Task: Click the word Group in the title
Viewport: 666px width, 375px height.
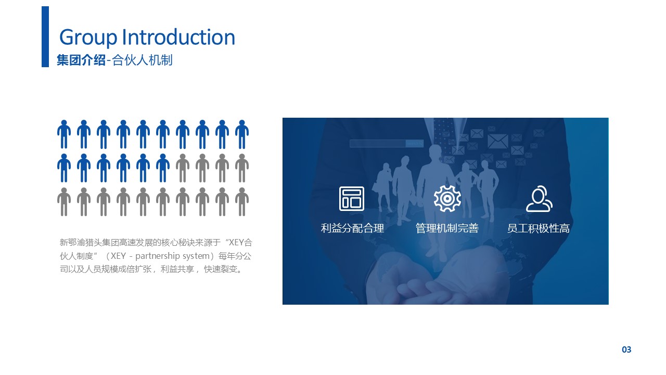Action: tap(88, 37)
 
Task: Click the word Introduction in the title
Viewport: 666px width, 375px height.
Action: tap(178, 37)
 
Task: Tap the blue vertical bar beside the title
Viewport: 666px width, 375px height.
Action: tap(45, 36)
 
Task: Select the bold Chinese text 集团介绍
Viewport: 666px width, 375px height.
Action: tap(81, 60)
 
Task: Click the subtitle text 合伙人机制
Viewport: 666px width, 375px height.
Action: tap(142, 60)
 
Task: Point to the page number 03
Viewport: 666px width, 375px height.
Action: tap(626, 349)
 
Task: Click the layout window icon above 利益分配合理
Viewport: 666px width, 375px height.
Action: tap(352, 198)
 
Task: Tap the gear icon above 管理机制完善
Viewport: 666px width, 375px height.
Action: tap(447, 198)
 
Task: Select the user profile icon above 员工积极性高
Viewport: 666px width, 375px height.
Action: tap(539, 199)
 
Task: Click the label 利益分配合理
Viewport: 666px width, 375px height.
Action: tap(352, 228)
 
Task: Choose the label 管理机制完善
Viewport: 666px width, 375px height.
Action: tap(447, 228)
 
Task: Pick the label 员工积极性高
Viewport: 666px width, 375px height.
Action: tap(539, 228)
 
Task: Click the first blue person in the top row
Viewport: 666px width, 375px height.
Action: tap(64, 134)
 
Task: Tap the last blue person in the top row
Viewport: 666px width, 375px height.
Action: tap(242, 134)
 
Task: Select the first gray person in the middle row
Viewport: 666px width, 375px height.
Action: tap(183, 168)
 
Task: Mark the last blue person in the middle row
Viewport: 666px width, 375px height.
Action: tap(163, 168)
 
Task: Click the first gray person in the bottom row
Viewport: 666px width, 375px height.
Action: tap(64, 202)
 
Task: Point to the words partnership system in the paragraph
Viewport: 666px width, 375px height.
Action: tap(172, 256)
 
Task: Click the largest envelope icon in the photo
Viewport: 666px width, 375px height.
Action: tap(498, 141)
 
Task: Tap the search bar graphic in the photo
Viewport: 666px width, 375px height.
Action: tap(387, 143)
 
